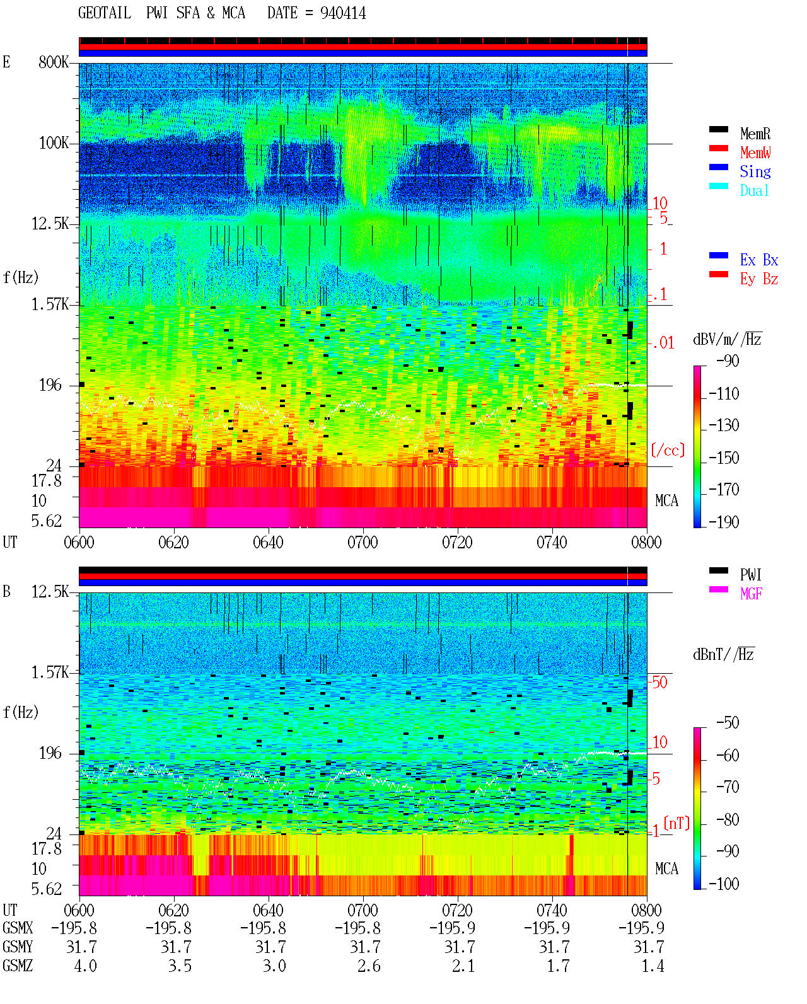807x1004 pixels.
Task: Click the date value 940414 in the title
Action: tap(343, 13)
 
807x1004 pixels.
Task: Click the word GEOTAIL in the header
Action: tap(105, 13)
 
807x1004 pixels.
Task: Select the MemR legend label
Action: tap(755, 134)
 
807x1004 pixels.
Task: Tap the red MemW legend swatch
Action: tap(718, 148)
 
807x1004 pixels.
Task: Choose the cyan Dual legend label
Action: tap(754, 190)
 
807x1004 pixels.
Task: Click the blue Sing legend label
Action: tap(755, 171)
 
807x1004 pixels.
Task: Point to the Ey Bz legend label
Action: tap(758, 279)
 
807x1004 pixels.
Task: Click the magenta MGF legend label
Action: tap(751, 594)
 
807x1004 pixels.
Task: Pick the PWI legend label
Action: tap(750, 575)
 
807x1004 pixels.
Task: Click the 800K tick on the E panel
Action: tap(54, 62)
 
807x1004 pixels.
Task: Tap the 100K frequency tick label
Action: tap(54, 143)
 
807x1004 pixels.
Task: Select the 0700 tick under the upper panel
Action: tap(363, 542)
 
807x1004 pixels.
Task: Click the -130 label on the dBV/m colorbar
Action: tap(724, 425)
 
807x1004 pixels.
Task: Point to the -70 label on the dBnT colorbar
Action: tap(728, 787)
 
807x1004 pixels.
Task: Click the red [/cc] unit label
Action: tap(668, 450)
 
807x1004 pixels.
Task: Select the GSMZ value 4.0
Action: tap(85, 966)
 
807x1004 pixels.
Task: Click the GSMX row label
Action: tap(18, 928)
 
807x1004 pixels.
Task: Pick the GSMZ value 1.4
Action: tap(653, 966)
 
